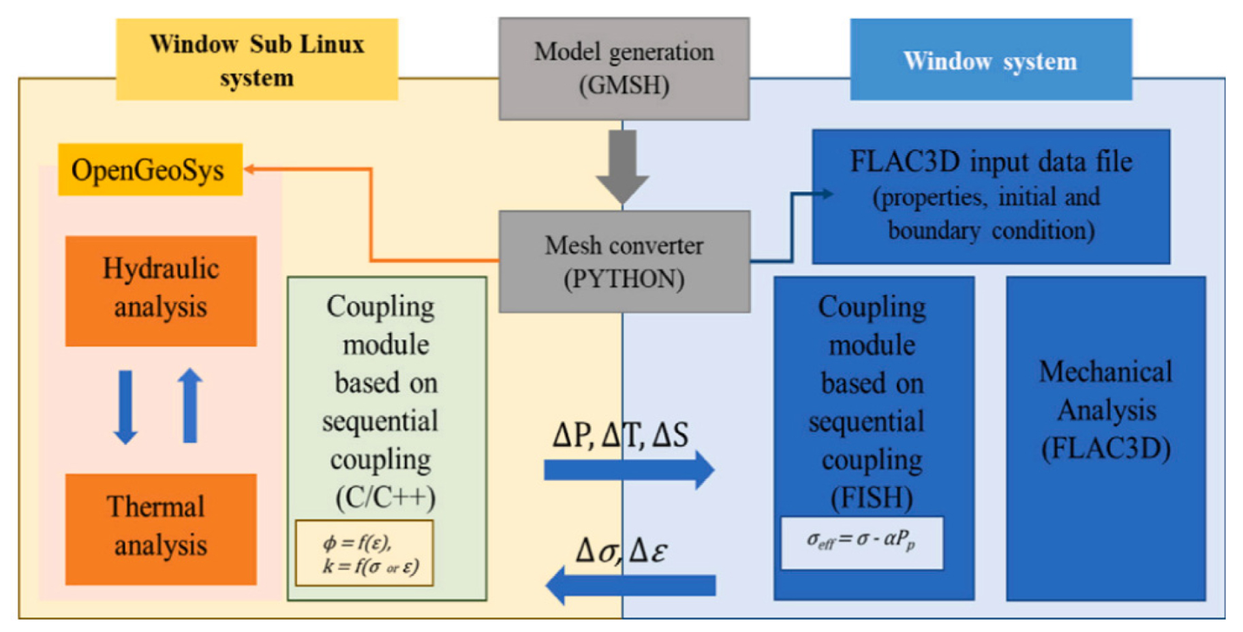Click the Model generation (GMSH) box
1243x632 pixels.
tap(624, 69)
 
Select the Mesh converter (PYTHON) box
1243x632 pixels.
tap(624, 262)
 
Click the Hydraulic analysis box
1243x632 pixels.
tap(161, 291)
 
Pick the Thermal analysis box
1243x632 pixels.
tap(161, 529)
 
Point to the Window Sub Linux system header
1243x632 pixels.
tap(257, 60)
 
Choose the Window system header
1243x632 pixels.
tap(990, 60)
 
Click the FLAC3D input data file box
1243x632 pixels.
tap(991, 196)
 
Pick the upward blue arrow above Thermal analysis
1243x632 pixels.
tap(190, 405)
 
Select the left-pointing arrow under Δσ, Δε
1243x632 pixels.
tap(630, 585)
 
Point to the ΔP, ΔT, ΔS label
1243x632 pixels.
tap(620, 434)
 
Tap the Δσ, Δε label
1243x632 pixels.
tap(621, 550)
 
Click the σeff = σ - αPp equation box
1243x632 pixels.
tap(861, 543)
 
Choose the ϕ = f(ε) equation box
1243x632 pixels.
tap(364, 553)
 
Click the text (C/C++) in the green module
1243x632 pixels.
tap(385, 497)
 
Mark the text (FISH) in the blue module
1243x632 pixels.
tap(872, 497)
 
